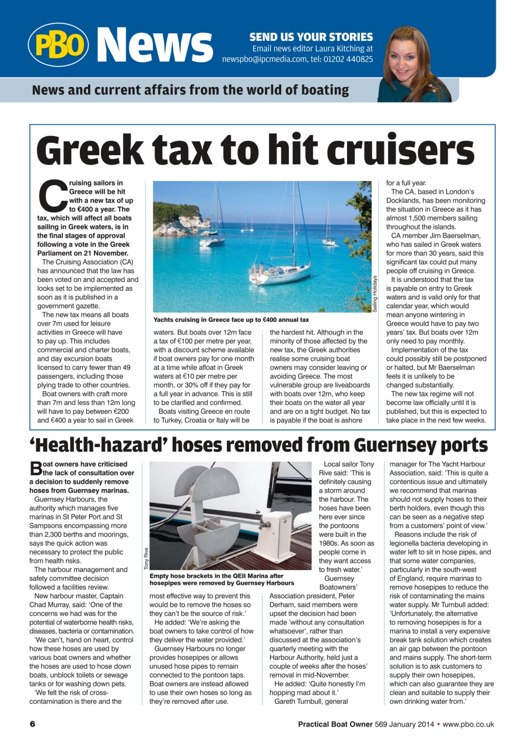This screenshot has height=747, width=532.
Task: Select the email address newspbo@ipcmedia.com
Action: coord(268,59)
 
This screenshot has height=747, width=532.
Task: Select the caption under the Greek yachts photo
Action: coord(231,320)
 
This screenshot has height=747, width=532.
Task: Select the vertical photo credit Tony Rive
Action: coord(145,558)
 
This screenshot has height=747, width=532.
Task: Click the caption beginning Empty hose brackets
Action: coord(222,579)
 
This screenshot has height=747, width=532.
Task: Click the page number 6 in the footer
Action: coord(33,724)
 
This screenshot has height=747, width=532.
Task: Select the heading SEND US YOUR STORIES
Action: coord(311,37)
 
